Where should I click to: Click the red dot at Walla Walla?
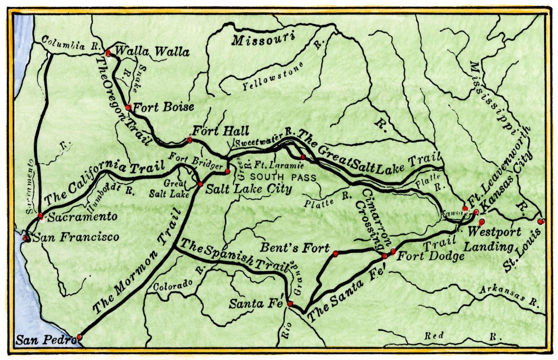tap(108, 53)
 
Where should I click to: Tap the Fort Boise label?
tap(163, 107)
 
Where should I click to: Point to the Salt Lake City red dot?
tap(200, 184)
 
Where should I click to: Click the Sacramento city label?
tap(82, 217)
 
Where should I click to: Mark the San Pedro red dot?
tap(79, 337)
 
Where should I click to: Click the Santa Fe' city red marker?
tap(290, 304)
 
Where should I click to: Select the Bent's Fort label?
tap(295, 248)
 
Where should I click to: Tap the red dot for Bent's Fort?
tap(335, 254)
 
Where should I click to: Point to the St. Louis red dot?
tap(540, 222)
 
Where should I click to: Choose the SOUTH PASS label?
tap(283, 178)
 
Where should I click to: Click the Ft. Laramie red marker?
tap(303, 157)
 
